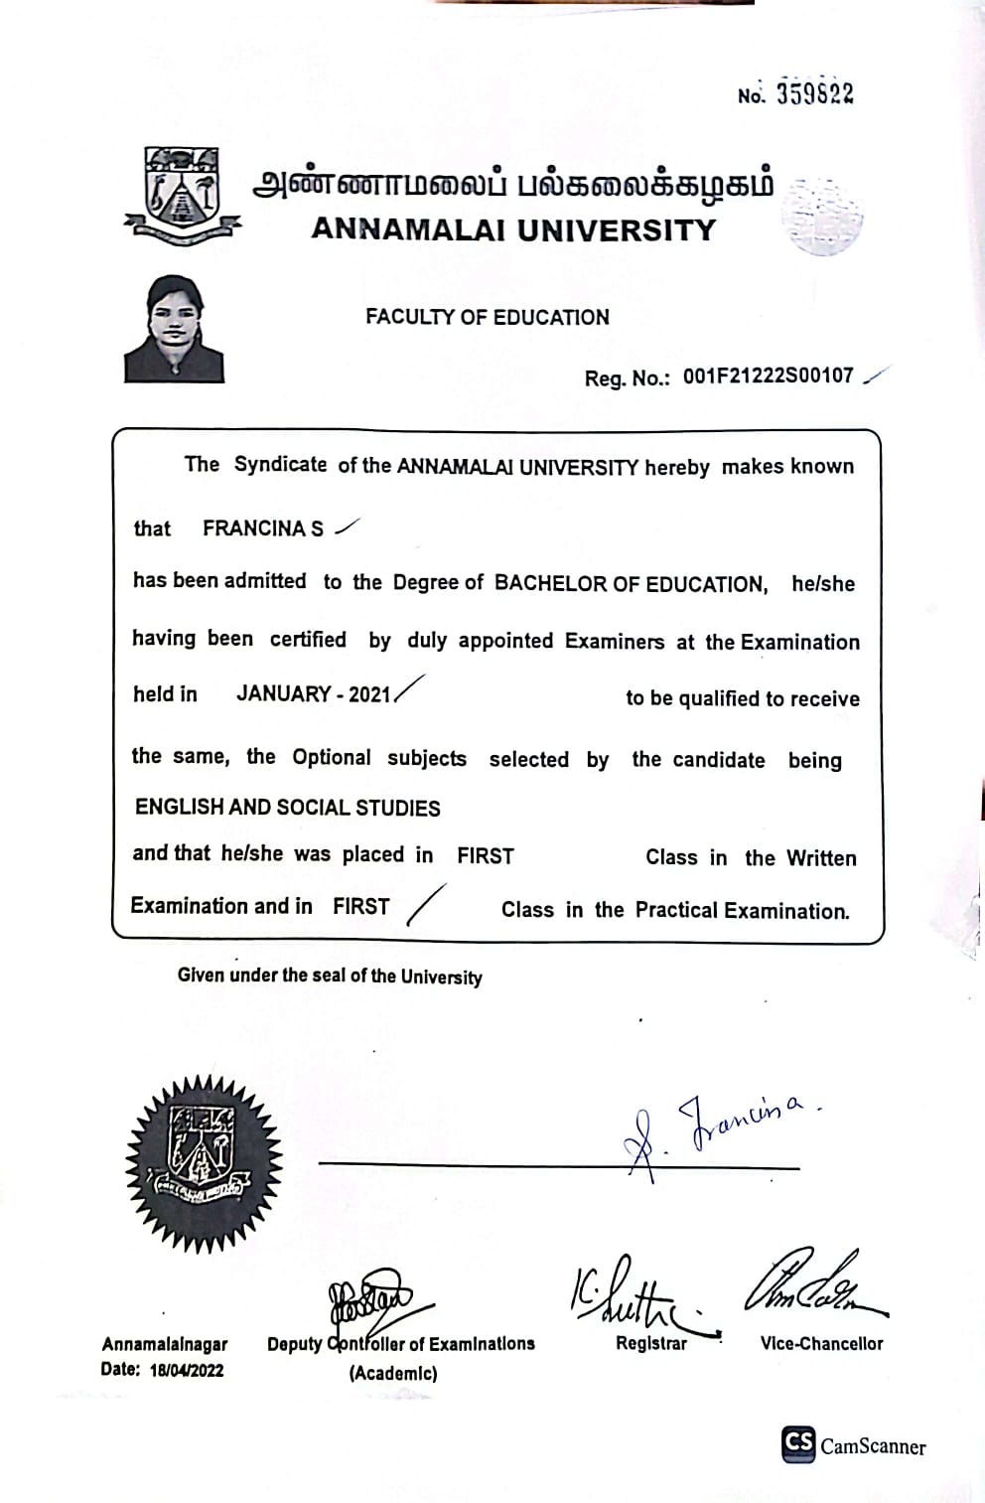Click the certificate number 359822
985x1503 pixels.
(x=814, y=93)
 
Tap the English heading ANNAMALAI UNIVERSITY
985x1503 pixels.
(x=513, y=229)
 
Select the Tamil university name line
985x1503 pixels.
(x=512, y=186)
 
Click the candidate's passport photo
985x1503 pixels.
(x=175, y=329)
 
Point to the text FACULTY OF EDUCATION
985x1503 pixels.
(x=487, y=317)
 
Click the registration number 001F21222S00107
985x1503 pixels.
(x=768, y=376)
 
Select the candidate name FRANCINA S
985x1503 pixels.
(x=263, y=528)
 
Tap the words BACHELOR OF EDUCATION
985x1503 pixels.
(x=631, y=583)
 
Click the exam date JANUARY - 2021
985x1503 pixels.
(x=314, y=693)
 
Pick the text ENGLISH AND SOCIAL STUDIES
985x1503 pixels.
(x=287, y=808)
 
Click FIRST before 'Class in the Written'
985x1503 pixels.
(x=486, y=855)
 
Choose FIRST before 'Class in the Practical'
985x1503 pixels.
(x=361, y=906)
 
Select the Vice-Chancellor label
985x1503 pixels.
(x=821, y=1343)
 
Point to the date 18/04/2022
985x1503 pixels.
(x=187, y=1370)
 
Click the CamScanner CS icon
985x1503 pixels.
(x=798, y=1443)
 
